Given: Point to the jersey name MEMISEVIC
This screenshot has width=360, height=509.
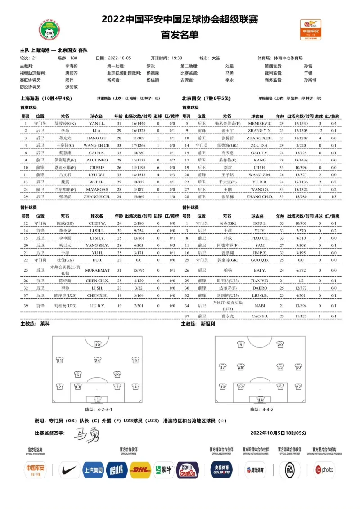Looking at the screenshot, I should pyautogui.click(x=260, y=123).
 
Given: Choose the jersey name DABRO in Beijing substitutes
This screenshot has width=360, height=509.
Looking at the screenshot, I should pyautogui.click(x=260, y=288).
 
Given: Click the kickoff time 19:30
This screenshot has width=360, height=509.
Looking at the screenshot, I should pyautogui.click(x=177, y=58).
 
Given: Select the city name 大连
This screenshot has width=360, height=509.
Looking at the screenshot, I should pyautogui.click(x=216, y=58).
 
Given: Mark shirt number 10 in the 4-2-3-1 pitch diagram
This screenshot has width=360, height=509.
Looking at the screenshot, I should pyautogui.click(x=98, y=345).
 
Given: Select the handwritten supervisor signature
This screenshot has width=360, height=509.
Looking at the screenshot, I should pyautogui.click(x=85, y=434).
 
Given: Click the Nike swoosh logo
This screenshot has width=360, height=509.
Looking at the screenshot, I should pyautogui.click(x=70, y=470).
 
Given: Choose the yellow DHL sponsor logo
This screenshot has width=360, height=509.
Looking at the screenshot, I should pyautogui.click(x=140, y=470).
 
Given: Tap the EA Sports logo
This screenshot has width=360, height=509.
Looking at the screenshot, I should pyautogui.click(x=288, y=470).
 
